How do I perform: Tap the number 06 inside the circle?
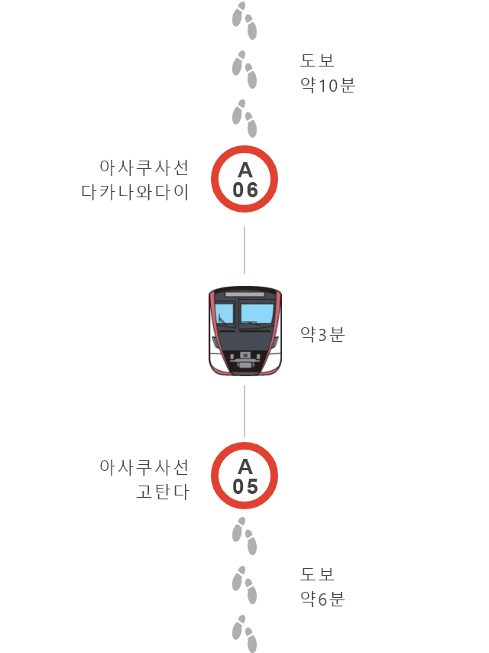pyautogui.click(x=245, y=190)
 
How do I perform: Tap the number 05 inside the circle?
pyautogui.click(x=245, y=486)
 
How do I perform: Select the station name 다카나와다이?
pyautogui.click(x=134, y=192)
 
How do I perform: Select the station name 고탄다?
pyautogui.click(x=163, y=492)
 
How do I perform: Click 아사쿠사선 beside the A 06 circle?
pyautogui.click(x=144, y=167)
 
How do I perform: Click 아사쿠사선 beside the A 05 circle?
pyautogui.click(x=144, y=467)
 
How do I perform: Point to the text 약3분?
pyautogui.click(x=322, y=334)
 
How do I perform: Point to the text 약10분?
pyautogui.click(x=328, y=86)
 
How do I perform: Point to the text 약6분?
pyautogui.click(x=322, y=599)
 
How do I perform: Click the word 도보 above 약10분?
pyautogui.click(x=317, y=60)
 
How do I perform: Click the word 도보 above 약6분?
pyautogui.click(x=317, y=574)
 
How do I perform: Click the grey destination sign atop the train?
pyautogui.click(x=244, y=294)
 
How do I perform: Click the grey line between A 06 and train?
pyautogui.click(x=244, y=250)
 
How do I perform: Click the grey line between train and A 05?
pyautogui.click(x=244, y=411)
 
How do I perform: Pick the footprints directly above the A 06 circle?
pyautogui.click(x=244, y=119)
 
